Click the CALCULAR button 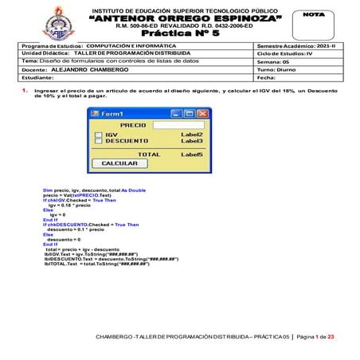pos(119,163)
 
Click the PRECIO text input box pos(178,125)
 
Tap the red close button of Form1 pos(202,114)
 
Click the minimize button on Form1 pos(178,114)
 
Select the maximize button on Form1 pos(190,114)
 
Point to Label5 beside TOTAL pos(192,154)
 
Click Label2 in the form pos(192,135)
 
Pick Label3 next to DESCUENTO pos(192,141)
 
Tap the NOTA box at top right pos(316,22)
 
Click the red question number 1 pos(25,92)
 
